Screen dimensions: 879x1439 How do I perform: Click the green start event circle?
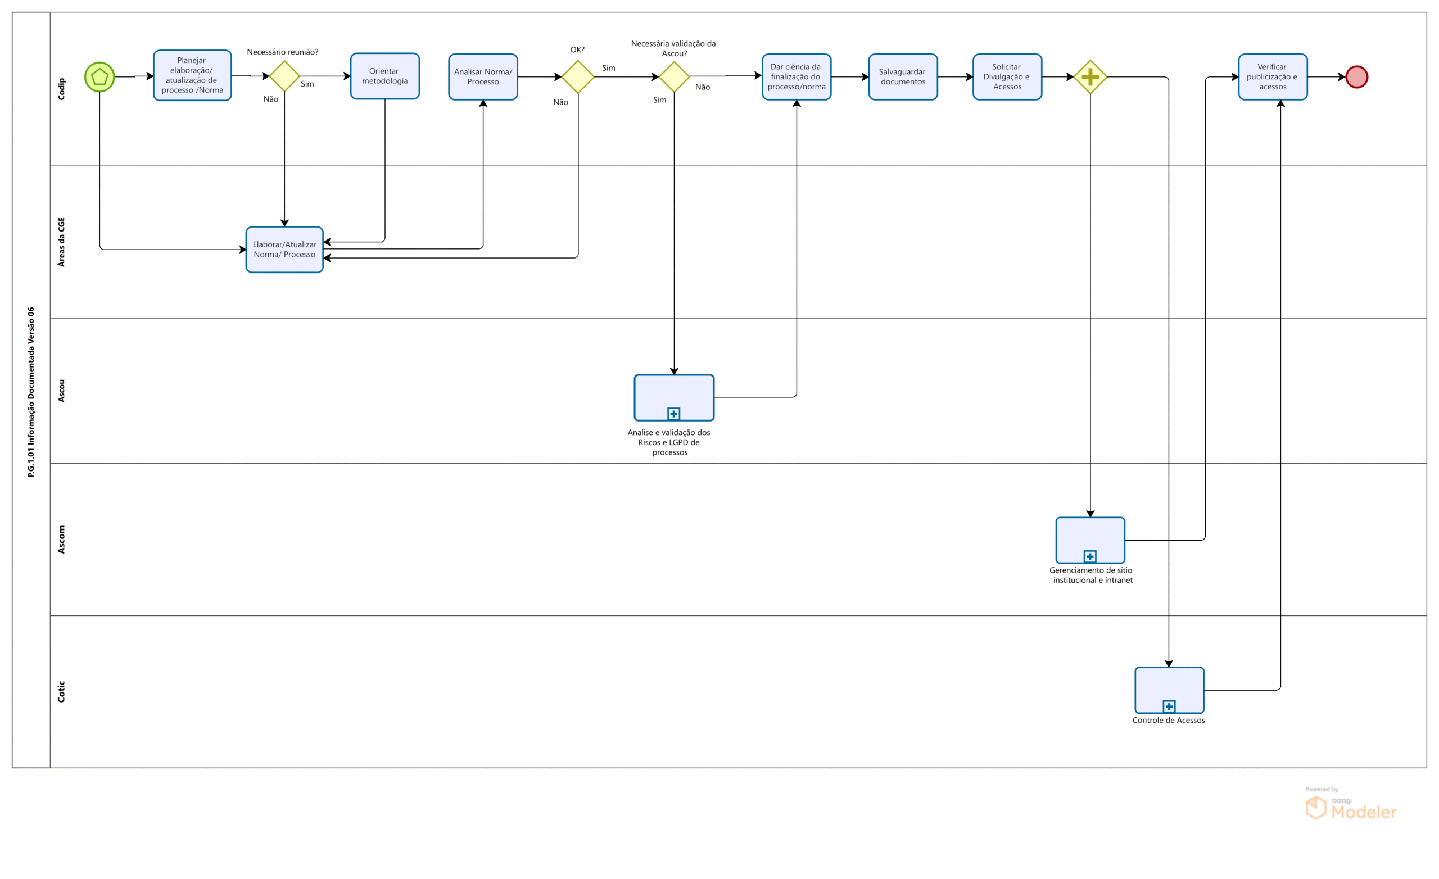coord(99,76)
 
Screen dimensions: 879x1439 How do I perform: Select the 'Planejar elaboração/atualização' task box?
coord(192,75)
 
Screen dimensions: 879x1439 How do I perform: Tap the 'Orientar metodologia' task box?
coord(384,76)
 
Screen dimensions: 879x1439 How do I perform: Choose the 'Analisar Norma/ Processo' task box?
coord(482,76)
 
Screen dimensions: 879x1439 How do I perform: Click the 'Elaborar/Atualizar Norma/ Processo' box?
coord(284,250)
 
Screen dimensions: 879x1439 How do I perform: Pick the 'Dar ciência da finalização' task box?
coord(796,76)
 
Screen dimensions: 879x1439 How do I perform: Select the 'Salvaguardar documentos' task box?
coord(902,76)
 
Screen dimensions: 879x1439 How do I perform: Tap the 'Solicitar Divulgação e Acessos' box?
coord(1007,76)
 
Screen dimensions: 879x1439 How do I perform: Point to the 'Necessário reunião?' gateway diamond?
coord(284,76)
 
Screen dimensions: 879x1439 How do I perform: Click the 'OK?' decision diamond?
coord(578,76)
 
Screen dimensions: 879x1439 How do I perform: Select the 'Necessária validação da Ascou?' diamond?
coord(674,76)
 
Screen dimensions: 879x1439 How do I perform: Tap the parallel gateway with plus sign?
coord(1090,76)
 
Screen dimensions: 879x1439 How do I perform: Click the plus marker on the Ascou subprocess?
coord(673,414)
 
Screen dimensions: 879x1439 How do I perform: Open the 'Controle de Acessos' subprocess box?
coord(1169,689)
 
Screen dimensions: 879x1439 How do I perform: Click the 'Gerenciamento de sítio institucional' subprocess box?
coord(1090,539)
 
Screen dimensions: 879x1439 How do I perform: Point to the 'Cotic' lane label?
coord(61,691)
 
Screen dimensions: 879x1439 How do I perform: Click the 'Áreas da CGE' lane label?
coord(61,242)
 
